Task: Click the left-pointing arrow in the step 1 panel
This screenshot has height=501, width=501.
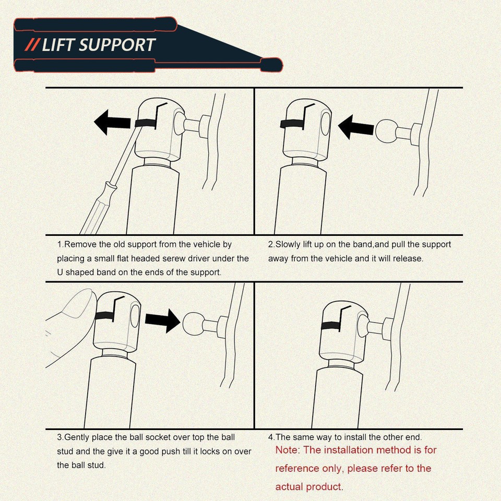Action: (113, 122)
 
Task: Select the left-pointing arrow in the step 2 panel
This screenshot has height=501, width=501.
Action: (356, 127)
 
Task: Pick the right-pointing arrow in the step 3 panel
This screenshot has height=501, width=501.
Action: (162, 319)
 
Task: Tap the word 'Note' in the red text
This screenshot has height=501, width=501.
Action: (285, 450)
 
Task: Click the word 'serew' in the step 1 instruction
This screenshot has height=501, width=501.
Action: (190, 258)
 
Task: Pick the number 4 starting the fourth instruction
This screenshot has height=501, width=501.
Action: (270, 437)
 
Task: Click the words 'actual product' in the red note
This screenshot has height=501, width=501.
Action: (308, 487)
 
